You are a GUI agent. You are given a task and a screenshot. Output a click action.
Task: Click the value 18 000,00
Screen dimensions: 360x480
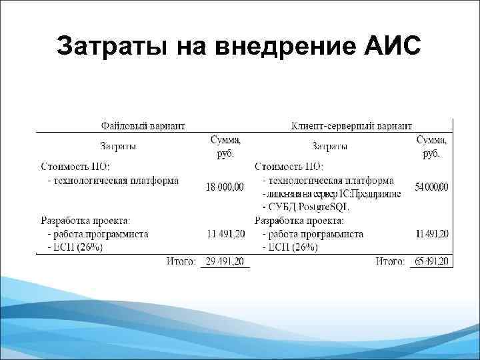tap(225, 187)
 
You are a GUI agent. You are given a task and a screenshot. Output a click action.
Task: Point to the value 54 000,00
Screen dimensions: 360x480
tap(431, 187)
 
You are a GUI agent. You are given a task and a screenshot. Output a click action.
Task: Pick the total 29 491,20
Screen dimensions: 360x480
tap(225, 261)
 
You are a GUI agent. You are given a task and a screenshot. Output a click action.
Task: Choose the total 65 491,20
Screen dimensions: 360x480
tap(431, 261)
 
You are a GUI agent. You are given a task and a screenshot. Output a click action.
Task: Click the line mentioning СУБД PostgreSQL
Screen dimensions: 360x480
tap(307, 207)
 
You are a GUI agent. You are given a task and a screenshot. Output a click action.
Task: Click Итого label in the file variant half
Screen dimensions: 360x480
tap(181, 261)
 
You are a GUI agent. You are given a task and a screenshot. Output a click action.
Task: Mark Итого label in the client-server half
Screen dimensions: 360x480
tap(391, 261)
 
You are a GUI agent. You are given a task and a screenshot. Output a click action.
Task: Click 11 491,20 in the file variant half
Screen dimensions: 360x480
tap(225, 234)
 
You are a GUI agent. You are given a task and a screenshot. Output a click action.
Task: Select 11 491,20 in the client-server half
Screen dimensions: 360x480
tap(431, 234)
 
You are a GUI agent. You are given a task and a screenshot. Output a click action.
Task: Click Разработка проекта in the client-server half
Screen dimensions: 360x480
tap(299, 221)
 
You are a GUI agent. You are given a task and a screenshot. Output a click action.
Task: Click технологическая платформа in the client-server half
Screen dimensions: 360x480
tap(328, 180)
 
